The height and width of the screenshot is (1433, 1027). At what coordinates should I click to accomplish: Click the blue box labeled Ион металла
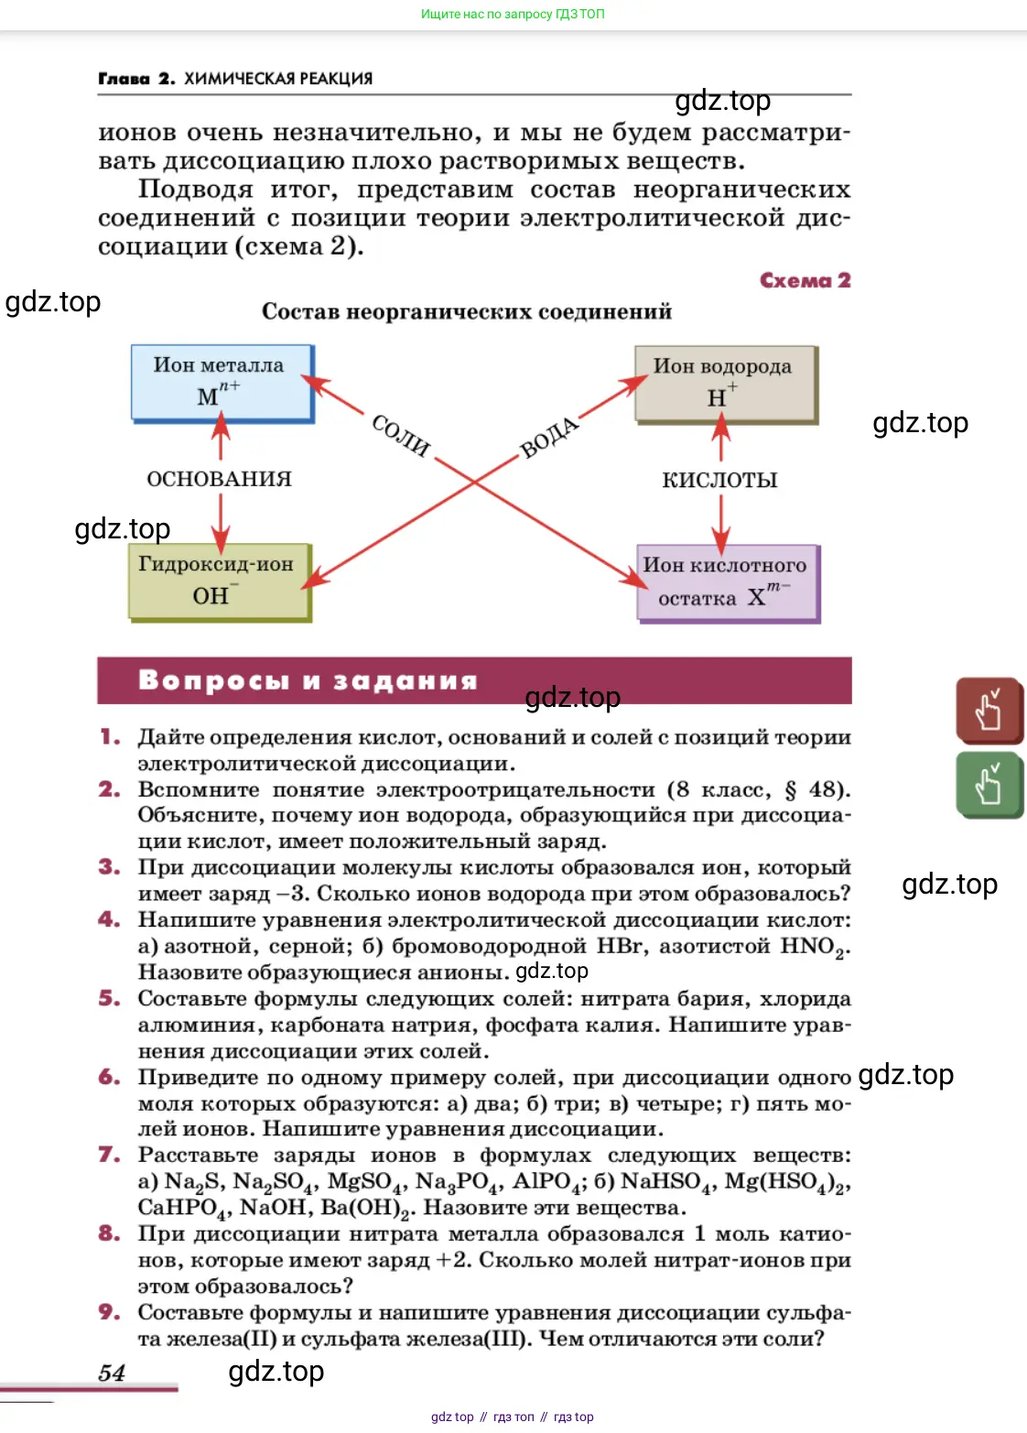pyautogui.click(x=222, y=384)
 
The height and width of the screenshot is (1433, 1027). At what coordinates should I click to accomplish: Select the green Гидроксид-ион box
pyautogui.click(x=220, y=582)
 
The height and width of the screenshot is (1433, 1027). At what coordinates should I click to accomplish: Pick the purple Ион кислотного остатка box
pyautogui.click(x=729, y=584)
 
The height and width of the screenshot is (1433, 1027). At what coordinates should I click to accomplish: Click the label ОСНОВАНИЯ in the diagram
pyautogui.click(x=220, y=479)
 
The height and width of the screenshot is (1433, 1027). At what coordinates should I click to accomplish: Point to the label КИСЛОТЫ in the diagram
pyautogui.click(x=719, y=480)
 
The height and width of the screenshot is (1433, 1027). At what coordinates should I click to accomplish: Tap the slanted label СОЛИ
pyautogui.click(x=401, y=435)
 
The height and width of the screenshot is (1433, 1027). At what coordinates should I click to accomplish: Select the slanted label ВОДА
pyautogui.click(x=549, y=437)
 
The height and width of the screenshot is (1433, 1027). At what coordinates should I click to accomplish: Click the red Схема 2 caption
pyautogui.click(x=805, y=280)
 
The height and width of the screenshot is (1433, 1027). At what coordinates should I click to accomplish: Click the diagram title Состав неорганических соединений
pyautogui.click(x=467, y=311)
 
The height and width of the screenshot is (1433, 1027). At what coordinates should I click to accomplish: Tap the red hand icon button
pyautogui.click(x=989, y=711)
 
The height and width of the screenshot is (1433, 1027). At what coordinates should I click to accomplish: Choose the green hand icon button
pyautogui.click(x=989, y=785)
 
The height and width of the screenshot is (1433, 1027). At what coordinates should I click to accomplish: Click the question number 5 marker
pyautogui.click(x=109, y=998)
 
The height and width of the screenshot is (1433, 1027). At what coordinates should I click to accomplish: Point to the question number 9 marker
pyautogui.click(x=109, y=1312)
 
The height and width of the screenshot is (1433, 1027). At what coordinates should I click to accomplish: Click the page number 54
pyautogui.click(x=112, y=1373)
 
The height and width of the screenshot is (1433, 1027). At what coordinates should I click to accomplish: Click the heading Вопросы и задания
pyautogui.click(x=308, y=680)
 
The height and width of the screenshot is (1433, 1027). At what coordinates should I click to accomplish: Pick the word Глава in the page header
pyautogui.click(x=124, y=79)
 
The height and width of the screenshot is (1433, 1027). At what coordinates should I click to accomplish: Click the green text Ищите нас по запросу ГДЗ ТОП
pyautogui.click(x=513, y=14)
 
